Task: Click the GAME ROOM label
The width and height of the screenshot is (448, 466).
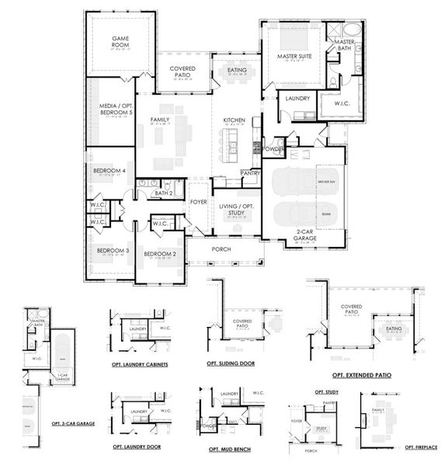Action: pyautogui.click(x=120, y=40)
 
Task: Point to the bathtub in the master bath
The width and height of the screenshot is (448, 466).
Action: pyautogui.click(x=351, y=30)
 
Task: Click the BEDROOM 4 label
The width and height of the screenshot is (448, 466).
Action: pyautogui.click(x=109, y=171)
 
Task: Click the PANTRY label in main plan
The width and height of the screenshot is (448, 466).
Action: pyautogui.click(x=250, y=172)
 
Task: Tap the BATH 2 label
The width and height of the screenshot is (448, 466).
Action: pyautogui.click(x=163, y=193)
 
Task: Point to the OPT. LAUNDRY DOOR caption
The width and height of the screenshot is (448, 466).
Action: pyautogui.click(x=137, y=447)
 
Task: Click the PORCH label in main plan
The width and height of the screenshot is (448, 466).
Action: pyautogui.click(x=221, y=249)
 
